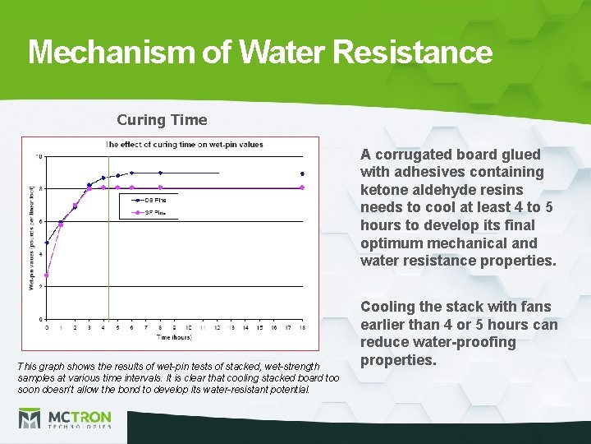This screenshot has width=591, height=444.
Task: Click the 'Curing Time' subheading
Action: pyautogui.click(x=162, y=120)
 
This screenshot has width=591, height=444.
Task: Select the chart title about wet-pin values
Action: pyautogui.click(x=185, y=144)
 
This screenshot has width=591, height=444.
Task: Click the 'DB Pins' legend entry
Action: pyautogui.click(x=154, y=199)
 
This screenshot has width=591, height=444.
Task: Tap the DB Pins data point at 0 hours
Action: pyautogui.click(x=47, y=243)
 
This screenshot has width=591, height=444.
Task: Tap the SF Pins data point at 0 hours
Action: pyautogui.click(x=47, y=275)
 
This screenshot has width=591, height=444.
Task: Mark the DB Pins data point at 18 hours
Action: pyautogui.click(x=302, y=174)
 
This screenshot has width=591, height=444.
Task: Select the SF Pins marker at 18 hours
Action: pyautogui.click(x=302, y=187)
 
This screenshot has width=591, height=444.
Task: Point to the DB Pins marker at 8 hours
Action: pyautogui.click(x=160, y=173)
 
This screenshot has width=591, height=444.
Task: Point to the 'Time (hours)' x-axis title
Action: pyautogui.click(x=174, y=337)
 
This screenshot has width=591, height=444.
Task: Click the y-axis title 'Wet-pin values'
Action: pyautogui.click(x=31, y=238)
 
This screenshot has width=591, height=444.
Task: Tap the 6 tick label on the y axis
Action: pyautogui.click(x=40, y=221)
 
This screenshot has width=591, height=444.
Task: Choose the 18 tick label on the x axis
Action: pyautogui.click(x=302, y=327)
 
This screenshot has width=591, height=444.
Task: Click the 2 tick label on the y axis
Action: pyautogui.click(x=40, y=286)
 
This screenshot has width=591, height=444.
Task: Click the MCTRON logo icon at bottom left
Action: pyautogui.click(x=30, y=419)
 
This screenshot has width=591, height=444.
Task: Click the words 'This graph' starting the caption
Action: pyautogui.click(x=39, y=364)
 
